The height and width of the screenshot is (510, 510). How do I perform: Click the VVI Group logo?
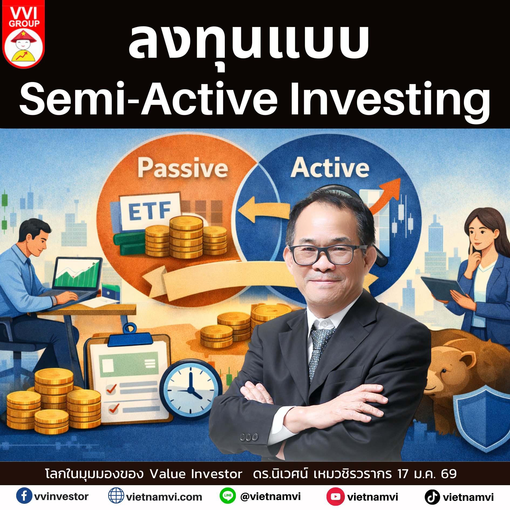coord(23,34)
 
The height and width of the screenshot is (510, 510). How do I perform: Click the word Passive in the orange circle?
coord(183,168)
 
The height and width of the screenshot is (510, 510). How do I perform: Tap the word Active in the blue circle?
coord(330,168)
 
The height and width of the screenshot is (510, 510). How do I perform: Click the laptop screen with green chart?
coord(77,274)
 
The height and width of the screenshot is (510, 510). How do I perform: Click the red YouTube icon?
coord(335,496)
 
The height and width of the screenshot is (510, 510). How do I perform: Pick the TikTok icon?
coord(432,497)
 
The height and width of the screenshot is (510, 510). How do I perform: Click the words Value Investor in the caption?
coord(196,474)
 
